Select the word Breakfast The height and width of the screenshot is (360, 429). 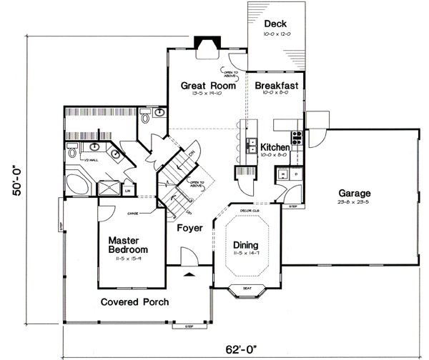[276, 84]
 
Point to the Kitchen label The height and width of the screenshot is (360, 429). [275, 146]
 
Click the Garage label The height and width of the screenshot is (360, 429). [354, 193]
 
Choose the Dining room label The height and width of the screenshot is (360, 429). [246, 245]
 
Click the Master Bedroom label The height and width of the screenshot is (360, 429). [128, 245]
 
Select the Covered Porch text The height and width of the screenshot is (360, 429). [134, 301]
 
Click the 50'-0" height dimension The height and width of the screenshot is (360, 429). [16, 183]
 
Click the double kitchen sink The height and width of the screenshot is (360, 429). [252, 145]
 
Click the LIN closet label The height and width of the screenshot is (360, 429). [128, 190]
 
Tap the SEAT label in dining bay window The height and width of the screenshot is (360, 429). [246, 289]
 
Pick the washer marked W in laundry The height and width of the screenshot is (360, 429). [283, 174]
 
